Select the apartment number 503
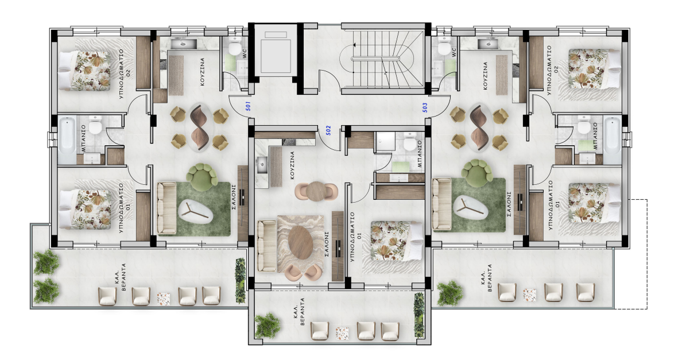click(425, 106)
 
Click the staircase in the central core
click(381, 58)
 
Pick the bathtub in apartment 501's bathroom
click(67, 140)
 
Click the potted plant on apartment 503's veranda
click(449, 293)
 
